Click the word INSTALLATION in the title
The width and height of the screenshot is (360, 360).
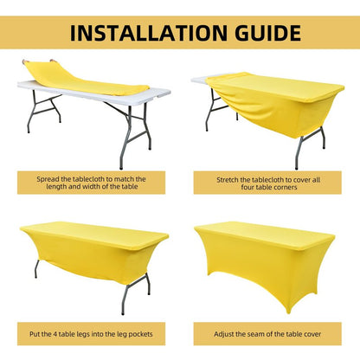click(149, 33)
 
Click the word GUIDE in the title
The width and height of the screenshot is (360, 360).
click(268, 33)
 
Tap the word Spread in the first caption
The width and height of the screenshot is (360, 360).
click(47, 179)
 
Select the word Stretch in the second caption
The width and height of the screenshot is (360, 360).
click(228, 180)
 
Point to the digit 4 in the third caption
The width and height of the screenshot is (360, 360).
click(55, 334)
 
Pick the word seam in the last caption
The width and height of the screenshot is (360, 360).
click(254, 335)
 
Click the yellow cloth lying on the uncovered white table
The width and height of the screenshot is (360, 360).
click(84, 79)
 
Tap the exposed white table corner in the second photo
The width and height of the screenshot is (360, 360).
click(199, 80)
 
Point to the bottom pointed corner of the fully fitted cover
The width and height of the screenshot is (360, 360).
click(289, 312)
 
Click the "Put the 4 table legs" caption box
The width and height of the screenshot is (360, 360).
click(91, 334)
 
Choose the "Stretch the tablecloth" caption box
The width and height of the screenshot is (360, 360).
click(267, 183)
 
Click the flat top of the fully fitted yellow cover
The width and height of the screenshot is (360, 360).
click(264, 233)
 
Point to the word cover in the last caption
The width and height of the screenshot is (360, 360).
click(312, 335)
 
